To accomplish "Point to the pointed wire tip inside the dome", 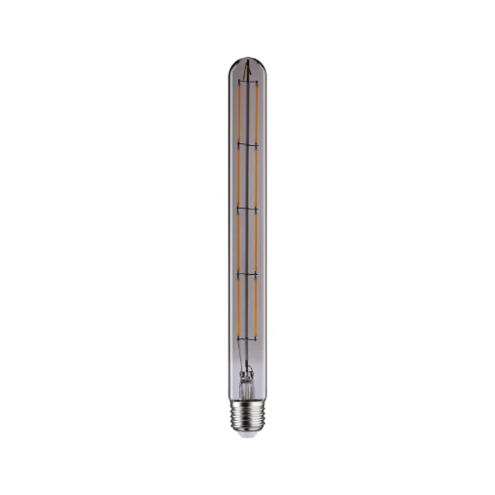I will pyautogui.click(x=248, y=66).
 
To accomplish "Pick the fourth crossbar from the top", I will pyautogui.click(x=248, y=273).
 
